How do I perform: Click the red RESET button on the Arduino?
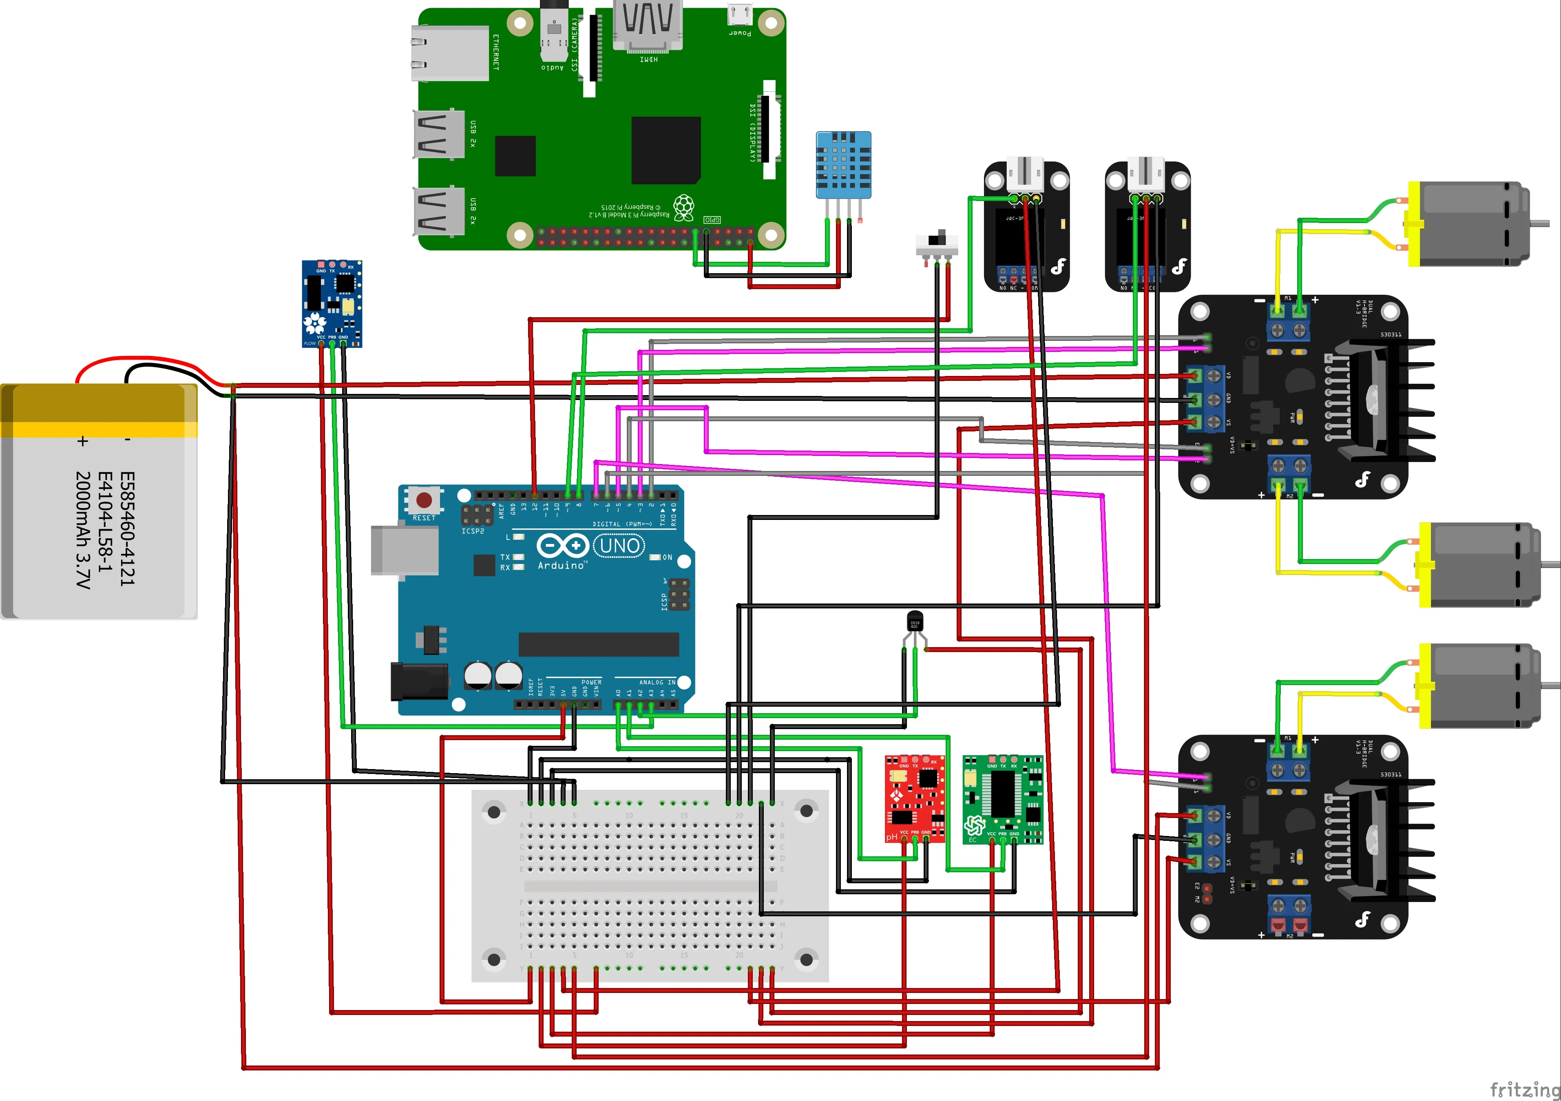[424, 500]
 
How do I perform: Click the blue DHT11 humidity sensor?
[843, 165]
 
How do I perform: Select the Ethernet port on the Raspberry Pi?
[449, 53]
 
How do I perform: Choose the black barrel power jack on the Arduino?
[418, 681]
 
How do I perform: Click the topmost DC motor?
[1468, 223]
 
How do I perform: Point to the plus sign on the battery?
[82, 441]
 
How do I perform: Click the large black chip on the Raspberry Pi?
[666, 150]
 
